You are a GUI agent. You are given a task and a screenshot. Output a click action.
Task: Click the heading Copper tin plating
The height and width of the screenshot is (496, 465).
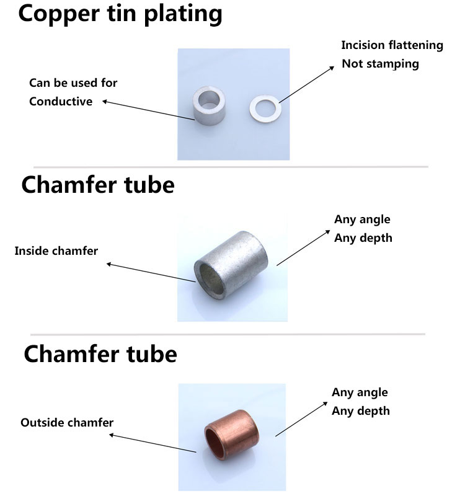coord(120,15)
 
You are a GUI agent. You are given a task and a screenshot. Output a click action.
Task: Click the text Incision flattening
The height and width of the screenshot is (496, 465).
coord(392,45)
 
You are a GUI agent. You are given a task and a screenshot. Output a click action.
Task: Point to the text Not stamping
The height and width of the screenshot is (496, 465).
coord(380,64)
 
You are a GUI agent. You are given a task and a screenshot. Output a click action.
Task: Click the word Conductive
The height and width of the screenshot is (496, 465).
coord(61,102)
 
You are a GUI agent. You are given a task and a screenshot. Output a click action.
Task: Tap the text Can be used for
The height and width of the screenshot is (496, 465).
coord(73,83)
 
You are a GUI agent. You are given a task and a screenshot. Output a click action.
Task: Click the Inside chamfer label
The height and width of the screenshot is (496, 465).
coord(56,251)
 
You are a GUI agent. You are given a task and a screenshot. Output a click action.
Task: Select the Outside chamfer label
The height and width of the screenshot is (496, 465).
coord(67,423)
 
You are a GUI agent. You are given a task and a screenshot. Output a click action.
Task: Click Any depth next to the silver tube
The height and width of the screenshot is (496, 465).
coord(363,238)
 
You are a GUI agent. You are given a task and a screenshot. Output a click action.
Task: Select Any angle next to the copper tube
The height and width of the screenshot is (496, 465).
coord(360,392)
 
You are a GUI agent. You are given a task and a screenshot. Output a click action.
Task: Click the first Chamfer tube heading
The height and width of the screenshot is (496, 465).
coord(98,185)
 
